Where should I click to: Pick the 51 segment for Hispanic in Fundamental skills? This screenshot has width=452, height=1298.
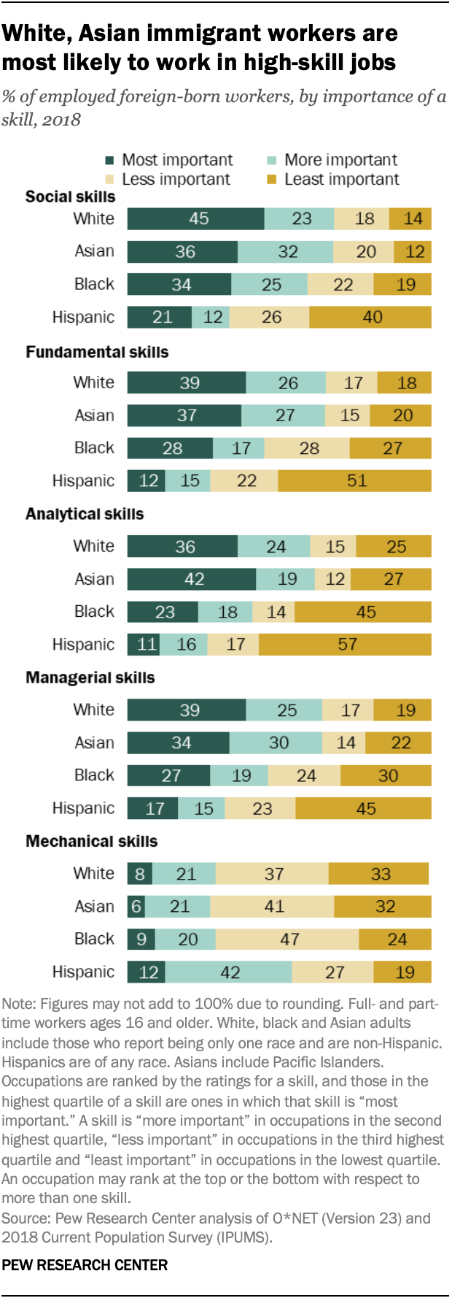(x=355, y=481)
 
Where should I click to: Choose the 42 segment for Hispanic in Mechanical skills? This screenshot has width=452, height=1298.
(x=229, y=972)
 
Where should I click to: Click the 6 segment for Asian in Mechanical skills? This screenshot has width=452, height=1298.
(x=136, y=907)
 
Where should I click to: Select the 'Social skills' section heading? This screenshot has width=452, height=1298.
(x=70, y=197)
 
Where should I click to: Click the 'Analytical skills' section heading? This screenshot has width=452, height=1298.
(x=85, y=514)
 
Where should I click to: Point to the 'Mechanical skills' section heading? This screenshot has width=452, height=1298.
(x=91, y=842)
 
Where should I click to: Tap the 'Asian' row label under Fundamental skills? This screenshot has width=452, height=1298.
(x=94, y=415)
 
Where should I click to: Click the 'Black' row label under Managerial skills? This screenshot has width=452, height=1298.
(x=94, y=775)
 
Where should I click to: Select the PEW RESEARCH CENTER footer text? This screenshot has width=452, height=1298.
(x=85, y=1265)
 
